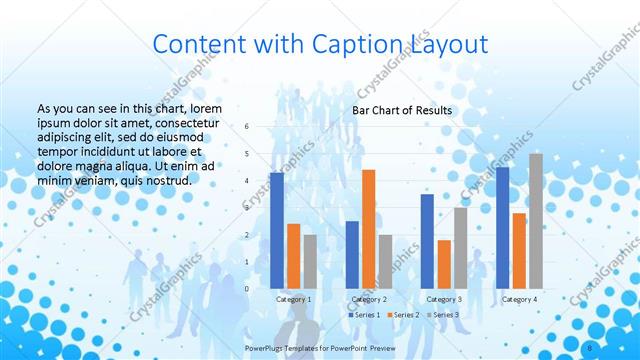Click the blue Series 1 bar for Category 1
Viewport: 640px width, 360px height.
(x=277, y=231)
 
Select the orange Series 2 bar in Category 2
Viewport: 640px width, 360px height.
(x=368, y=229)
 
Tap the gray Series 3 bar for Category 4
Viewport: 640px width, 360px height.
(x=536, y=221)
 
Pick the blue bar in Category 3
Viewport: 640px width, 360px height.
(x=427, y=241)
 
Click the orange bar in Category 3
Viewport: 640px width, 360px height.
(x=444, y=264)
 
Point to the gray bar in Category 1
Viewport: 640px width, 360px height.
(x=310, y=262)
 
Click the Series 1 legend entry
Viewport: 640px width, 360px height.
(x=364, y=315)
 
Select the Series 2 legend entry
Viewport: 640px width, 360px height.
(x=404, y=315)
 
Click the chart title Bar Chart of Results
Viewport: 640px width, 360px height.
(x=402, y=110)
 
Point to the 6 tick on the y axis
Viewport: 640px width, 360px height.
(x=247, y=126)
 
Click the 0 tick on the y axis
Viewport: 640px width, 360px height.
(x=247, y=289)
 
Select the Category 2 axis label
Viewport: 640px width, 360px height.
(x=369, y=299)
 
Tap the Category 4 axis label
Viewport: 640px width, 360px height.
(x=519, y=299)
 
